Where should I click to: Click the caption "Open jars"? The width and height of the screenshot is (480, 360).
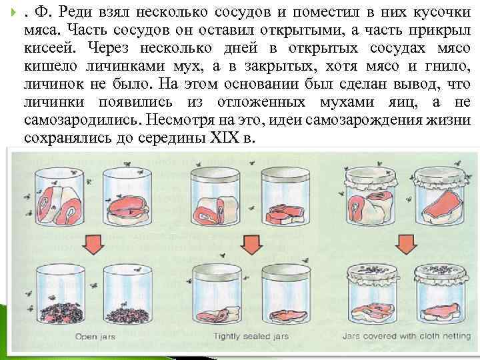[95, 337]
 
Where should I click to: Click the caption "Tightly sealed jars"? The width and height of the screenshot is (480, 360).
[251, 337]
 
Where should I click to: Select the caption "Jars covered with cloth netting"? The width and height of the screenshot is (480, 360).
[407, 336]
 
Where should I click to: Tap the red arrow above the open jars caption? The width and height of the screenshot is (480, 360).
[93, 244]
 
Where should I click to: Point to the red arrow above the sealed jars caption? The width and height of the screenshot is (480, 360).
[251, 244]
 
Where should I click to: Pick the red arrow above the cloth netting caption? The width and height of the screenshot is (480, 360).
[406, 244]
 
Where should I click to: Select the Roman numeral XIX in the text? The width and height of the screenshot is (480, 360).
[225, 138]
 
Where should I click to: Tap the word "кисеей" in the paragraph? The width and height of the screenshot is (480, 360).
[49, 48]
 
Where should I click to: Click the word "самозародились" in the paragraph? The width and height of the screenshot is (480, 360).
[83, 120]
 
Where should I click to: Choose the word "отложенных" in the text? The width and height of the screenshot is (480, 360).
[261, 102]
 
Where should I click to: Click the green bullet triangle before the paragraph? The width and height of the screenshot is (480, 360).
[13, 13]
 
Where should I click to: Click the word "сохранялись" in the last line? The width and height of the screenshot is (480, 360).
[68, 138]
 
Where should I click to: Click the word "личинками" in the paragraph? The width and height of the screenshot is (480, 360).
[125, 66]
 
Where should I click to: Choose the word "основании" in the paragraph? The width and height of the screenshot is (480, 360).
[261, 84]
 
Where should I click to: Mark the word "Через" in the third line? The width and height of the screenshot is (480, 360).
[109, 48]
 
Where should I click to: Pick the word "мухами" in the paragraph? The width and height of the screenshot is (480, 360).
[347, 102]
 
